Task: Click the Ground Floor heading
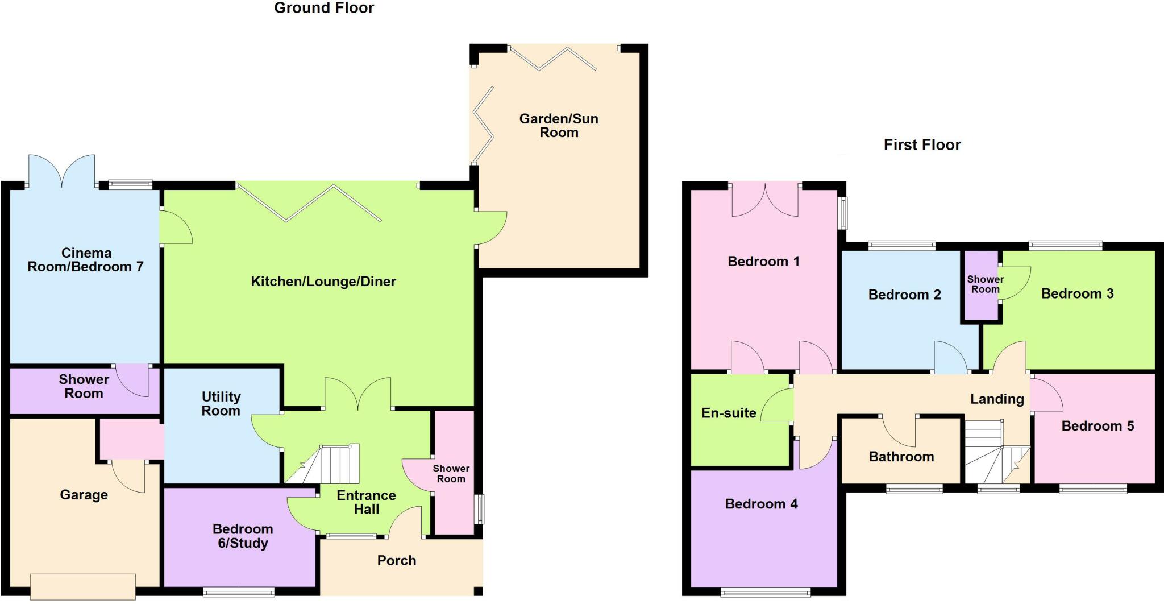[x=324, y=8]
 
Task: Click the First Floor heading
[x=921, y=145]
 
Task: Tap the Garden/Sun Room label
[x=559, y=126]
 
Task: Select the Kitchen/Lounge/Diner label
[x=323, y=282]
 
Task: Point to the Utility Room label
[x=221, y=404]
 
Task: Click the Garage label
[x=84, y=495]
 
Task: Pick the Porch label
[x=397, y=561]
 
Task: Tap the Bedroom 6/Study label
[x=243, y=536]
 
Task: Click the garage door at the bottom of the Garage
[x=83, y=586]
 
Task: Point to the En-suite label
[x=729, y=413]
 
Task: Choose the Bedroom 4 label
[x=761, y=504]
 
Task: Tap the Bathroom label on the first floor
[x=901, y=457]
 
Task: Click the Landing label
[x=996, y=399]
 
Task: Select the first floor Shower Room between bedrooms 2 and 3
[x=985, y=284]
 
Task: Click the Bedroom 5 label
[x=1097, y=426]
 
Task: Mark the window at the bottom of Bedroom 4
[x=766, y=593]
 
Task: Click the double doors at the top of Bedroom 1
[x=765, y=200]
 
